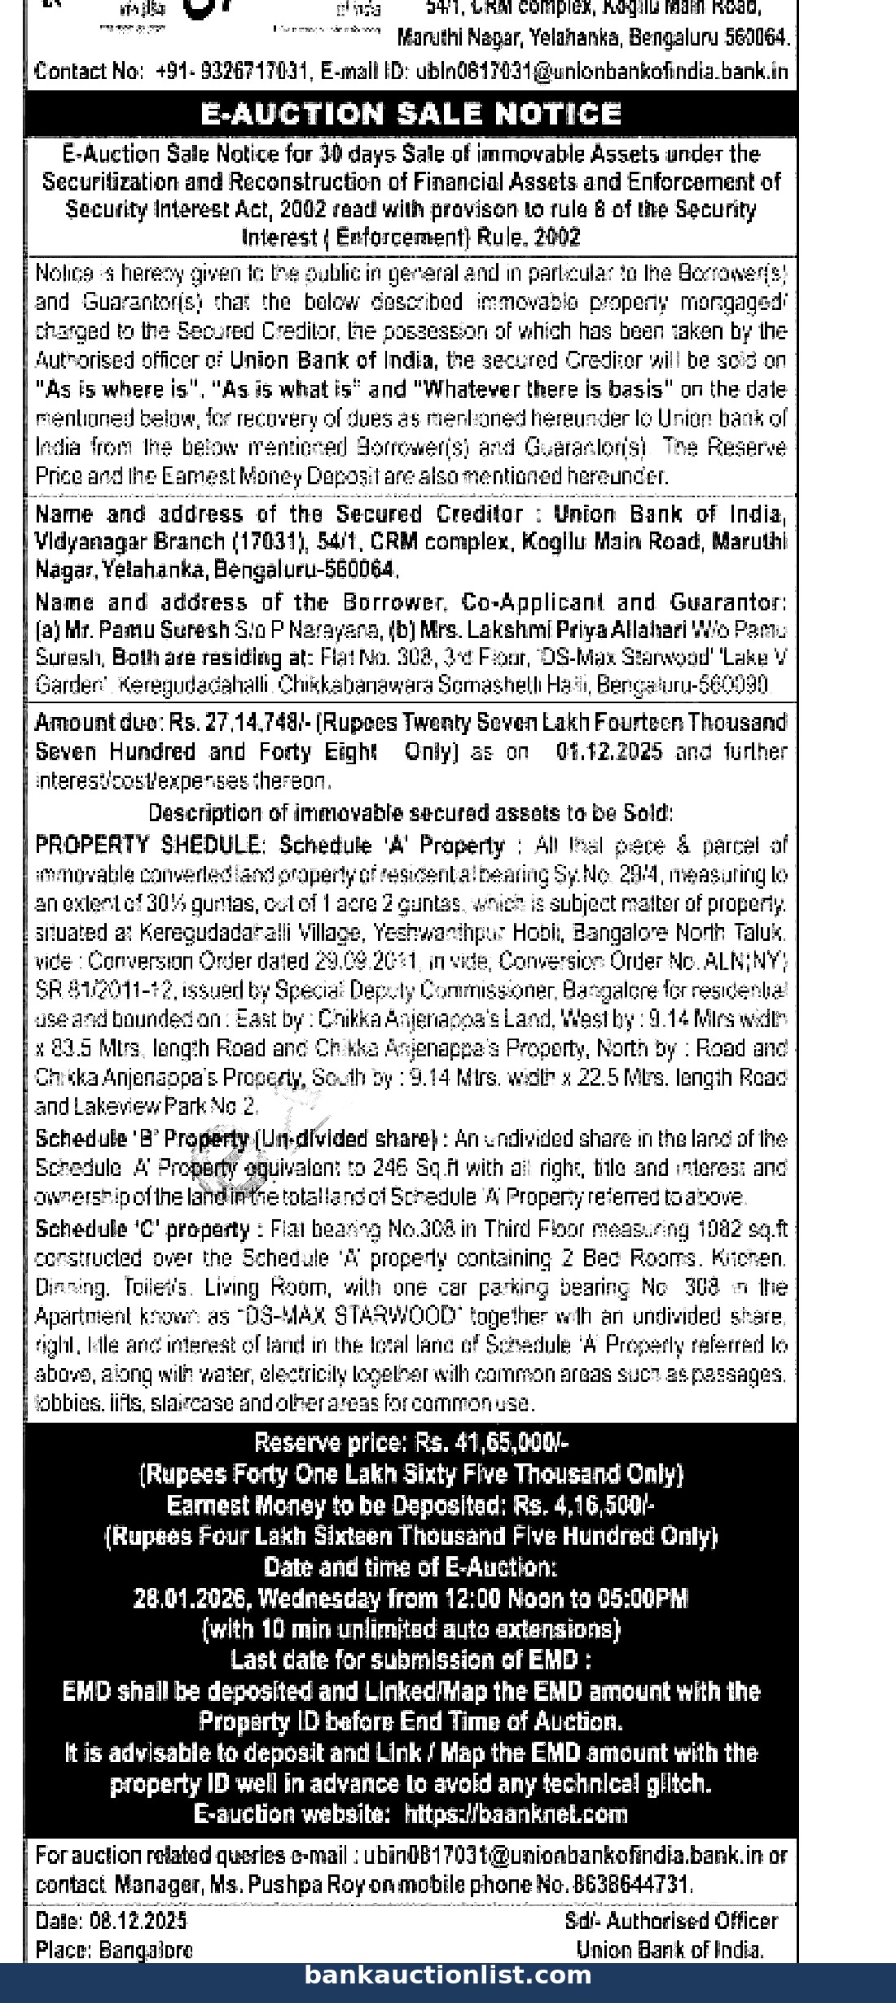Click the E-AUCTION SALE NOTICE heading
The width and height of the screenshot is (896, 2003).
point(411,113)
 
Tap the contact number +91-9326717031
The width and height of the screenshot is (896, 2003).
point(231,72)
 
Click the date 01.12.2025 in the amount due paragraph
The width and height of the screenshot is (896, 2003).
point(609,751)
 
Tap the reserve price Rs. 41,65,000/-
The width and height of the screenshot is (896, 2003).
point(491,1443)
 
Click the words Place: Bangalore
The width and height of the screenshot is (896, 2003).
point(114,1950)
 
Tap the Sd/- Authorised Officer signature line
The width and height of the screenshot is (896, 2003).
point(671,1922)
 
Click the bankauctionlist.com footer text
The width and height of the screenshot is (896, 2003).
point(448,1975)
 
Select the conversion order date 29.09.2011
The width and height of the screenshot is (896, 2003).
point(367,961)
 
